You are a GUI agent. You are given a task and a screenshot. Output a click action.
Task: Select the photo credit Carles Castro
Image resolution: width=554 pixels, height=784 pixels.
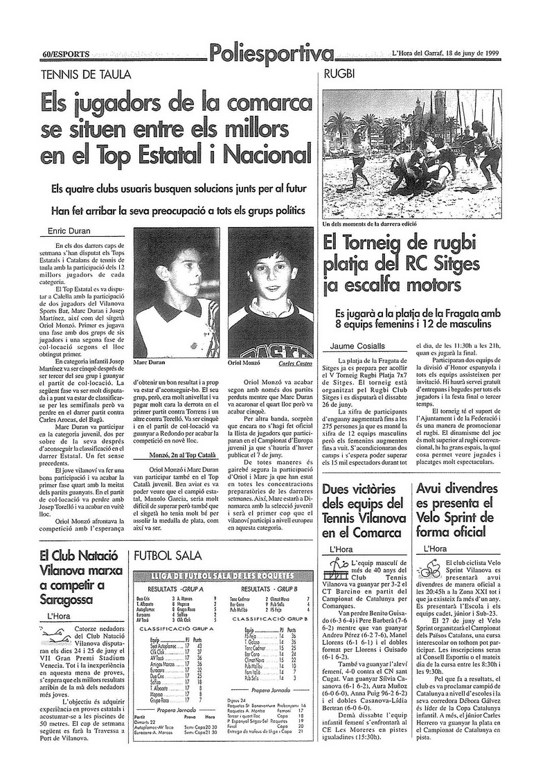294,362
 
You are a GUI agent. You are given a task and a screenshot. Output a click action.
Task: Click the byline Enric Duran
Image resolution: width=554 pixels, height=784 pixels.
68,231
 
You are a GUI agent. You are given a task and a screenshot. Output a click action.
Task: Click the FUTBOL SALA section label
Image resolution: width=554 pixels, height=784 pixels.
168,556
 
